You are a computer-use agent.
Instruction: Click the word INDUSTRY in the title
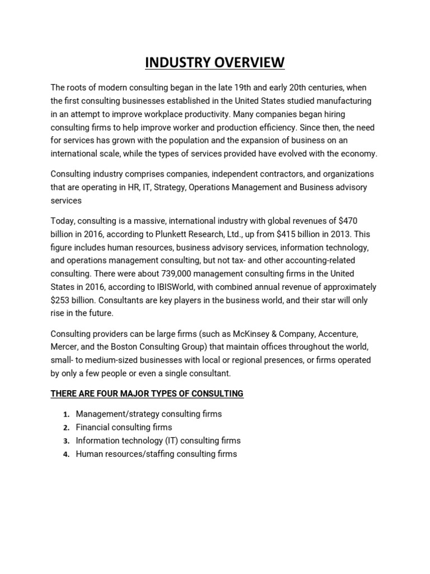175,62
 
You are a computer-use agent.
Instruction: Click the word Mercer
64,346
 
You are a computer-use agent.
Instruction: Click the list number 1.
65,414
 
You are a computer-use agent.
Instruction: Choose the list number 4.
65,455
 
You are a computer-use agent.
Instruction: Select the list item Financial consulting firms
124,427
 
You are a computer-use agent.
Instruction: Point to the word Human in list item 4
89,454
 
